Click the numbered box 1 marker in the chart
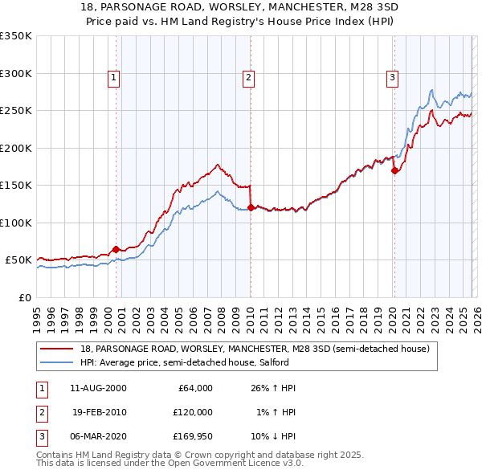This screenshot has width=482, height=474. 114,78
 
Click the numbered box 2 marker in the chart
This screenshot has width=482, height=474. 249,78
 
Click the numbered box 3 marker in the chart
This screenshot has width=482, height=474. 392,78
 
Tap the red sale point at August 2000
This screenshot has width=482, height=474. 116,249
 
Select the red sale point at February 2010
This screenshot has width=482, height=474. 251,207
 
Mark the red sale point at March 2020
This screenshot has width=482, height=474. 394,170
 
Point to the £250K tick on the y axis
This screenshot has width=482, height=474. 16,111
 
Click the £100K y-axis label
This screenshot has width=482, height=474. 16,223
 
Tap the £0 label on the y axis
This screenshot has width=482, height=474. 23,297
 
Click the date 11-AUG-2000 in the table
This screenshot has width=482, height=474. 98,388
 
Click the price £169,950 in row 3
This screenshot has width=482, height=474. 191,436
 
